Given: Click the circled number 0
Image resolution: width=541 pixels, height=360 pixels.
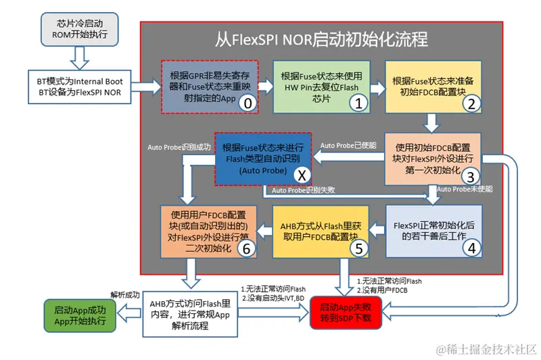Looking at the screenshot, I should tap(248, 103).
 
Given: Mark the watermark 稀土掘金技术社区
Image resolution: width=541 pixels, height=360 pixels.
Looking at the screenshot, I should tap(488, 349).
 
